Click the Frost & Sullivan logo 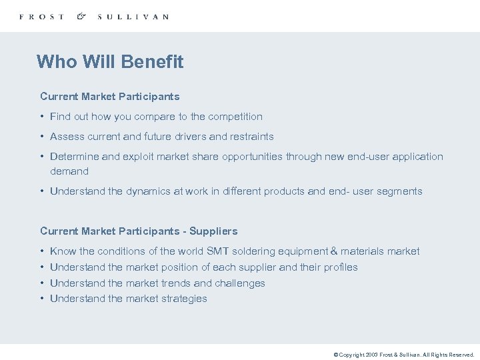93,16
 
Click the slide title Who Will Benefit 110,62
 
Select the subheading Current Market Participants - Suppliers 139,231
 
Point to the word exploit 143,157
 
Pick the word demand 69,171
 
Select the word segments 400,191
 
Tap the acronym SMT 218,251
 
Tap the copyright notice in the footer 403,355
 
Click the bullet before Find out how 42,117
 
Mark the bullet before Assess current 42,137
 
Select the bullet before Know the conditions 42,251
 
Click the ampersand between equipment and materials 334,251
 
